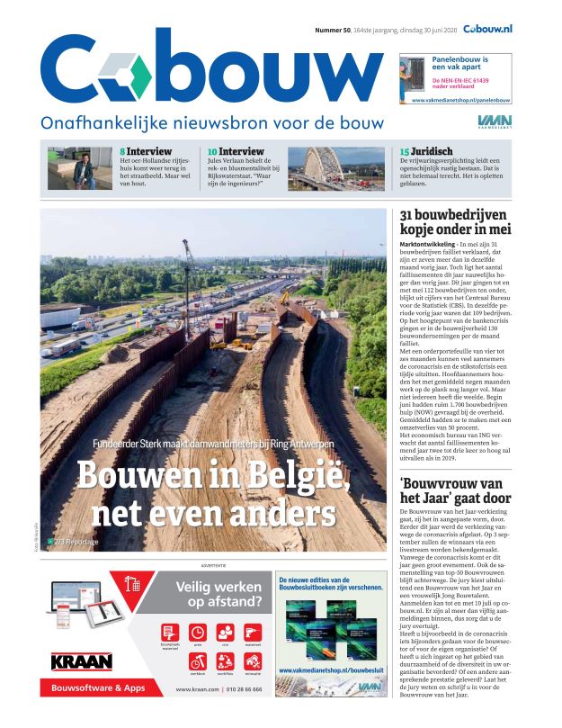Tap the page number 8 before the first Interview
coord(122,151)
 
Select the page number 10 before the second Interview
coord(211,151)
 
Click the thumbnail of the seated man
coord(81,168)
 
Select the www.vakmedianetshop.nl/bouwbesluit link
coord(330,670)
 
